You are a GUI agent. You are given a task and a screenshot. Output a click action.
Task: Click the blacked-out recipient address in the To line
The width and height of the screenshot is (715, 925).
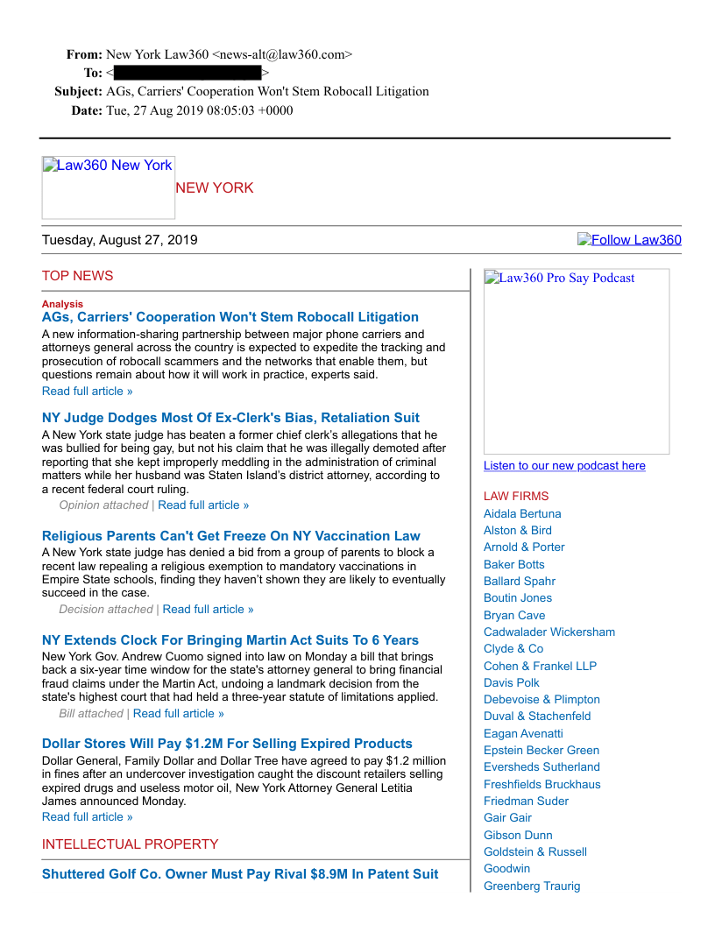(188, 73)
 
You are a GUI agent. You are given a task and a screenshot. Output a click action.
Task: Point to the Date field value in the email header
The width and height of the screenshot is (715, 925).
(200, 110)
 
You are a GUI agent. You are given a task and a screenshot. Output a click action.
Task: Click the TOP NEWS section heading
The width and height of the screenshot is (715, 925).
(77, 276)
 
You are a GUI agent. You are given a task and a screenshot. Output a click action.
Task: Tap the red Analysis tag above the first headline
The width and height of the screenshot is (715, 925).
(62, 304)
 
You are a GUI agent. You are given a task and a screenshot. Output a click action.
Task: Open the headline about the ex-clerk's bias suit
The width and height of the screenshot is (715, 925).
(230, 418)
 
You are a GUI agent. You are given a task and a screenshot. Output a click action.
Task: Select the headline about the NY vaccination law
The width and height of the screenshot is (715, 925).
(230, 536)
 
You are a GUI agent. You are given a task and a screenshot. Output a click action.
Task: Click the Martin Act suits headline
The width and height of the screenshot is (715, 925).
(230, 640)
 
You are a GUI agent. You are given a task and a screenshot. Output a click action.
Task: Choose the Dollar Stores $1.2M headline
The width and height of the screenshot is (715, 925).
(227, 744)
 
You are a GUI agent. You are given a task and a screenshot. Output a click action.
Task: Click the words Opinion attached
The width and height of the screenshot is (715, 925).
(103, 505)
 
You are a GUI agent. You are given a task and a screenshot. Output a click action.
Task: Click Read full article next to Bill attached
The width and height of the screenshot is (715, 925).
(178, 714)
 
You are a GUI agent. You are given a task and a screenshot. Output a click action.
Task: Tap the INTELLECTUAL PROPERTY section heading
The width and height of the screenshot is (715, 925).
(130, 844)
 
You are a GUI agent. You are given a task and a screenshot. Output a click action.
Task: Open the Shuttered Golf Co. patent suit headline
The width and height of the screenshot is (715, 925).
(240, 874)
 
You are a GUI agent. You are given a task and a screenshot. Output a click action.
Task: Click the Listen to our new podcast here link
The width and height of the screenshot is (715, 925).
(564, 466)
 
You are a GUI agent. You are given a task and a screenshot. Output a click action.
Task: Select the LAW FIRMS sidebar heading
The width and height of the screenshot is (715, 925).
(516, 497)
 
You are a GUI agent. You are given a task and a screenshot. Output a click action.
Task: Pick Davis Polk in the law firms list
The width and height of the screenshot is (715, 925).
(512, 682)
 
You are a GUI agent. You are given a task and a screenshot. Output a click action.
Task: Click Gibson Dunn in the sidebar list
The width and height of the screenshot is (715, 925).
(518, 835)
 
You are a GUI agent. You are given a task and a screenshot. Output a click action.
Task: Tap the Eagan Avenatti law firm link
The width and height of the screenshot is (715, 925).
(523, 733)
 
